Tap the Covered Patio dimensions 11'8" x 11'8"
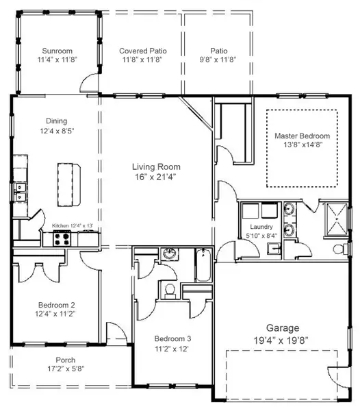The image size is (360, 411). pyautogui.click(x=142, y=60)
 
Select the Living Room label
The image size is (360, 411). pyautogui.click(x=156, y=166)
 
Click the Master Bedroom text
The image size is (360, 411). pyautogui.click(x=302, y=136)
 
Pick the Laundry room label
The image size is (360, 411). pyautogui.click(x=261, y=227)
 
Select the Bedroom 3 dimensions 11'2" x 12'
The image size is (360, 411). pyautogui.click(x=171, y=348)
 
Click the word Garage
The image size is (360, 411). pyautogui.click(x=282, y=327)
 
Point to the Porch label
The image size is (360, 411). pyautogui.click(x=66, y=360)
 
